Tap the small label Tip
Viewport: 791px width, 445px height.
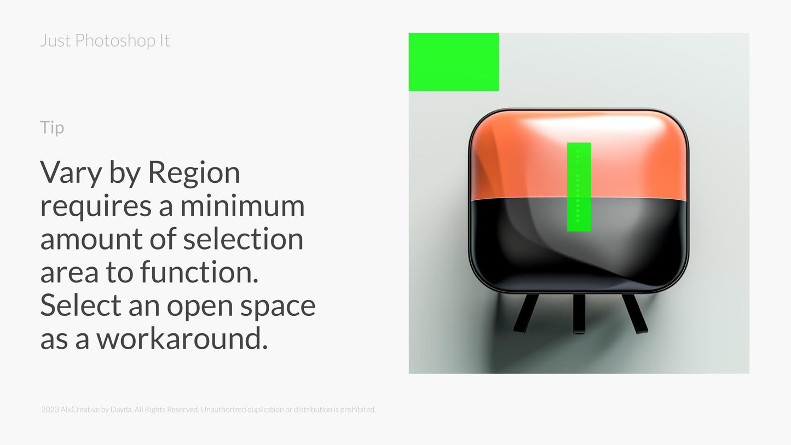[x=52, y=128]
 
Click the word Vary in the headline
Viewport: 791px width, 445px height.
[x=71, y=173]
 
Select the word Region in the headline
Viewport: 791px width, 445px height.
[x=194, y=173]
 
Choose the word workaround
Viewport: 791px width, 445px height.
[x=182, y=339]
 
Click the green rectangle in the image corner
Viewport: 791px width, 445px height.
[x=453, y=62]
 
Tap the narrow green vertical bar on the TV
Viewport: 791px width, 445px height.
[x=579, y=187]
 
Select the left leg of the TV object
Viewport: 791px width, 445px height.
[x=526, y=314]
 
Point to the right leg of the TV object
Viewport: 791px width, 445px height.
[x=635, y=314]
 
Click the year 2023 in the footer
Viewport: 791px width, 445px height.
[x=50, y=409]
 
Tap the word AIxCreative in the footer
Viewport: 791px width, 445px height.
[x=80, y=409]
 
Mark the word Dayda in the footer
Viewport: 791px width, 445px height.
[x=121, y=409]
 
